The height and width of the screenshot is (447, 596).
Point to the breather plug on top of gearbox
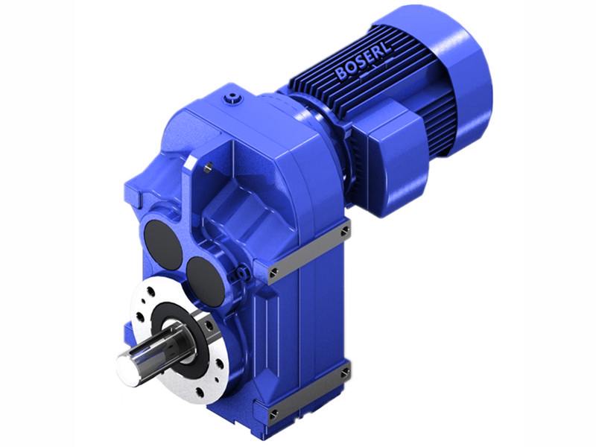click(236, 98)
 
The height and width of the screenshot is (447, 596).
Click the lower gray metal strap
click(309, 392)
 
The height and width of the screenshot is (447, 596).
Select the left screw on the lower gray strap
click(273, 411)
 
